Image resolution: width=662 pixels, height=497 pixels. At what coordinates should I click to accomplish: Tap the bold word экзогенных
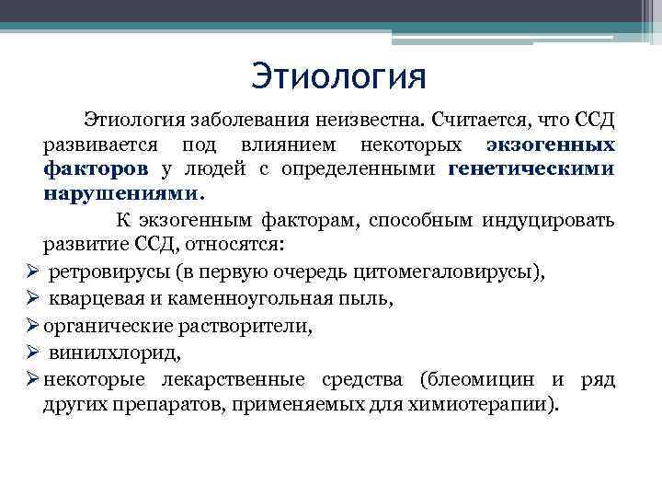(552, 145)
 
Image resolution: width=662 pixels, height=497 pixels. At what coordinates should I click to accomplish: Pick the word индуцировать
(557, 220)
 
